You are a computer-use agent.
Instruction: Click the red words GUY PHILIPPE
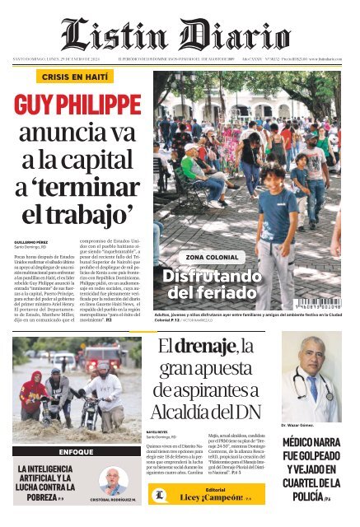pos(77,106)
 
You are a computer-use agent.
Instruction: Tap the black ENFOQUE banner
pos(76,452)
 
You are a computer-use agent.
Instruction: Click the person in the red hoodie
pos(34,393)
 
